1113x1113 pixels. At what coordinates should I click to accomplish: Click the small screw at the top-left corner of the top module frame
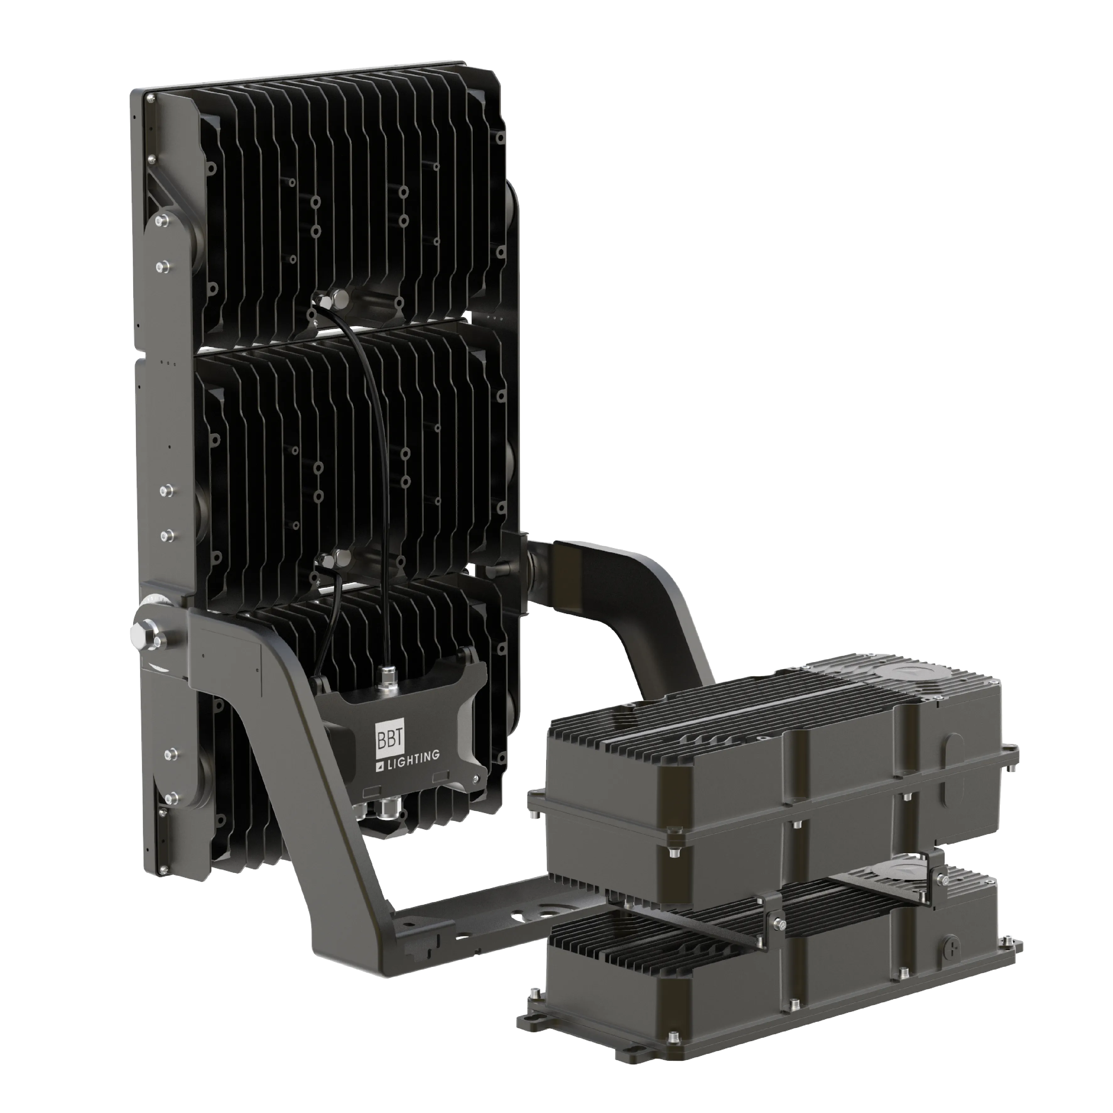[151, 99]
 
